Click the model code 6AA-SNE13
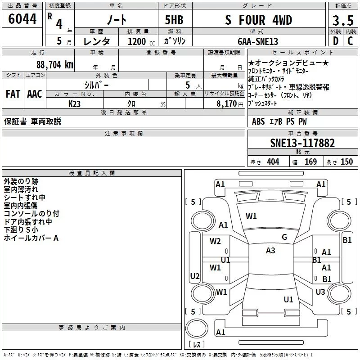click(258, 41)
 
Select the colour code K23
click(75, 103)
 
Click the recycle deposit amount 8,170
click(224, 103)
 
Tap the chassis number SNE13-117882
click(302, 143)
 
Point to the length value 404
click(273, 162)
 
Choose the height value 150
click(346, 162)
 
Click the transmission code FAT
click(13, 94)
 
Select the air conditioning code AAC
click(35, 94)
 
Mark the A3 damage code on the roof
click(270, 251)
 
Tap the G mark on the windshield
click(284, 237)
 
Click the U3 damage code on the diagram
click(320, 292)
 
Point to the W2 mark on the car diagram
click(215, 241)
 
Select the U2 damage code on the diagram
click(195, 276)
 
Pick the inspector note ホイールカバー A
click(31, 238)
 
